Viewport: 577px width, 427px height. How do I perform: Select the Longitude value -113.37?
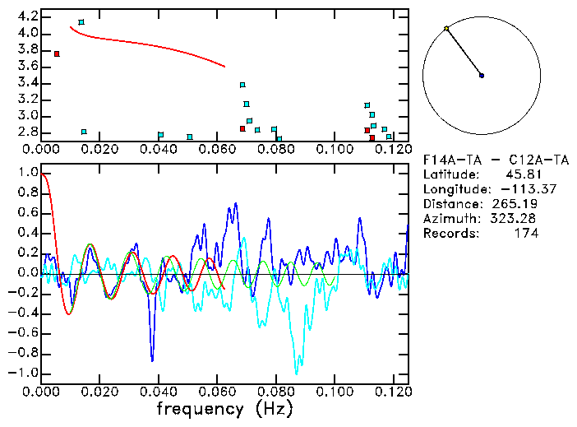pos(515,189)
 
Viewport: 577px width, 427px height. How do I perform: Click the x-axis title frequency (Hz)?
pos(223,408)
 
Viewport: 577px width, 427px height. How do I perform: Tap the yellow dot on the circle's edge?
pos(446,29)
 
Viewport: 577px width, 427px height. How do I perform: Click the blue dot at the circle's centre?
pos(482,76)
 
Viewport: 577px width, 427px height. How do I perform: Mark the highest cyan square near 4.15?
pos(81,22)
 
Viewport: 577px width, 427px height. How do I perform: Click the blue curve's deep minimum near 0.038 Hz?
pos(152,360)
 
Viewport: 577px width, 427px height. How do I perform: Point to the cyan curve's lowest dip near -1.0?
pos(296,373)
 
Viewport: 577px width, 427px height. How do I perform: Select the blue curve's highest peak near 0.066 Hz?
pos(236,203)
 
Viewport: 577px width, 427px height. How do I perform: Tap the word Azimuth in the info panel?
pos(448,219)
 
